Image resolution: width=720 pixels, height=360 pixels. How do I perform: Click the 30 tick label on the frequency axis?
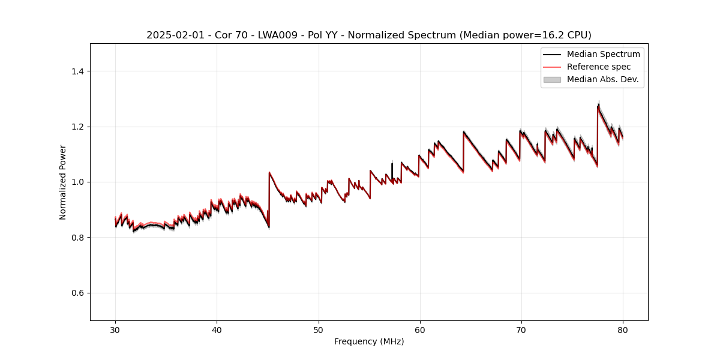point(115,329)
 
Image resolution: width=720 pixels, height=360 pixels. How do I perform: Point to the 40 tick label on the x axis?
point(217,329)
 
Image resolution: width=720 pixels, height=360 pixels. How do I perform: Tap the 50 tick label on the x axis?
point(319,329)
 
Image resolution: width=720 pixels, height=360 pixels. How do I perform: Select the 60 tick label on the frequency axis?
point(420,329)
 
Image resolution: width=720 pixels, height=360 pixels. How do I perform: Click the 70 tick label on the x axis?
point(521,329)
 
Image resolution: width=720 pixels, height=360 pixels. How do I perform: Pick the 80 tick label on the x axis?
point(623,329)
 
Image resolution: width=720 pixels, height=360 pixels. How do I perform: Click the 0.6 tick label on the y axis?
point(77,293)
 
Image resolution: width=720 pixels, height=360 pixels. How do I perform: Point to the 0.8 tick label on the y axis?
point(77,238)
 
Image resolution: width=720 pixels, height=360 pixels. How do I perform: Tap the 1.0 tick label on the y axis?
point(77,182)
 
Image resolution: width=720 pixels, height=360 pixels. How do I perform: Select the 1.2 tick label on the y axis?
point(77,127)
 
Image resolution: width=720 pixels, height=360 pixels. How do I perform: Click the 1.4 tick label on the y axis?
point(77,71)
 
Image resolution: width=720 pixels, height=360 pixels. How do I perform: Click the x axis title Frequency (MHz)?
point(369,341)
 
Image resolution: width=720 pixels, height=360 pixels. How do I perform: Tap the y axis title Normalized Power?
point(63,182)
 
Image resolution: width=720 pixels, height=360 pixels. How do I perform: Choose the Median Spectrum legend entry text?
point(603,54)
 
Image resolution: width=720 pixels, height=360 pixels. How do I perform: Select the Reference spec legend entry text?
point(599,67)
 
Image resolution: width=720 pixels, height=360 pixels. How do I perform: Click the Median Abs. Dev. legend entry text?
point(602,79)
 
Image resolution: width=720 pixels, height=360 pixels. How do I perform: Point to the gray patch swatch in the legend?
point(552,79)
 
